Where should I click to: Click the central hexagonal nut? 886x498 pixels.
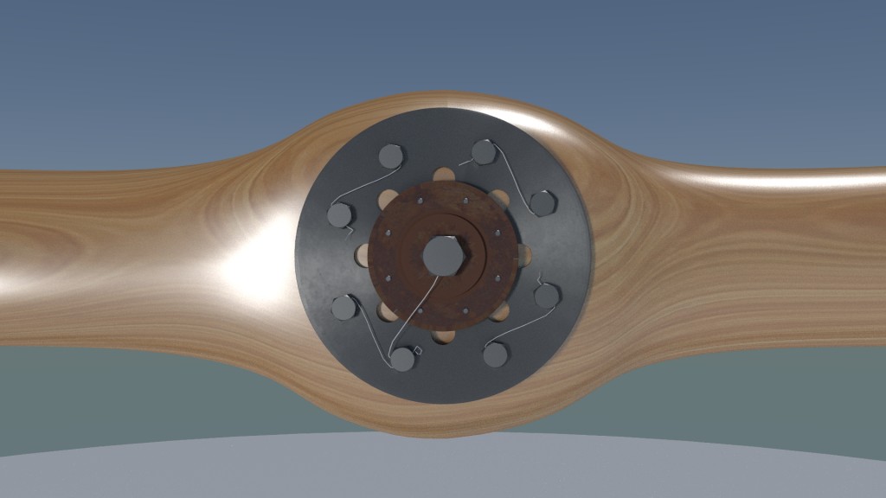[443, 255]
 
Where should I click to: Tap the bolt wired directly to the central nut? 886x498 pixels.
[402, 358]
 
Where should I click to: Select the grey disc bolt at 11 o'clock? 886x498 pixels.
[391, 156]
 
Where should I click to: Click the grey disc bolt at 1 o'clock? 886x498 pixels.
[484, 153]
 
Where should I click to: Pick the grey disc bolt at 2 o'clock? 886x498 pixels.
[543, 203]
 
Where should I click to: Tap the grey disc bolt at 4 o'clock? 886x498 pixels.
[546, 297]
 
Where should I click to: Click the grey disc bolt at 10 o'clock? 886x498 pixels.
[338, 215]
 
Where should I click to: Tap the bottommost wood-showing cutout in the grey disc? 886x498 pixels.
[443, 335]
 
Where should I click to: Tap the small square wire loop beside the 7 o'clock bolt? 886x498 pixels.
[416, 350]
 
